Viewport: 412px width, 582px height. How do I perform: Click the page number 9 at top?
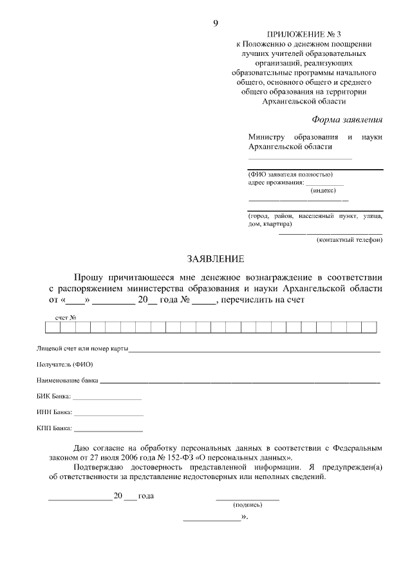click(x=216, y=24)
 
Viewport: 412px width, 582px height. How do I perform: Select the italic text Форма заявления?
click(x=347, y=119)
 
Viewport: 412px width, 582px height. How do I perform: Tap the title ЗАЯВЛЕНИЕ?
click(x=216, y=259)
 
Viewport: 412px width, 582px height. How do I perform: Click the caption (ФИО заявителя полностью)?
click(x=290, y=174)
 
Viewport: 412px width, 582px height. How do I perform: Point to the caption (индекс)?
click(x=323, y=190)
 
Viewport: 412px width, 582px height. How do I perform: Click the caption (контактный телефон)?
click(x=350, y=240)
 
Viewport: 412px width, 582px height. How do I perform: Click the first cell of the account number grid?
click(x=52, y=328)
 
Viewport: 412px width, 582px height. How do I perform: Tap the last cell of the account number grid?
click(x=369, y=328)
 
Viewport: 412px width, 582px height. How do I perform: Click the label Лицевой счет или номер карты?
click(x=82, y=349)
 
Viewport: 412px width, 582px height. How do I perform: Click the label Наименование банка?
click(x=68, y=381)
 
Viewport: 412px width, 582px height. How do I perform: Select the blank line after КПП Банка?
click(x=108, y=429)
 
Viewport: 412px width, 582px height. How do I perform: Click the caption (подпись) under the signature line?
click(x=247, y=505)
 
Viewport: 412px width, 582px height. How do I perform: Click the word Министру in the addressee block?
click(x=266, y=137)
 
